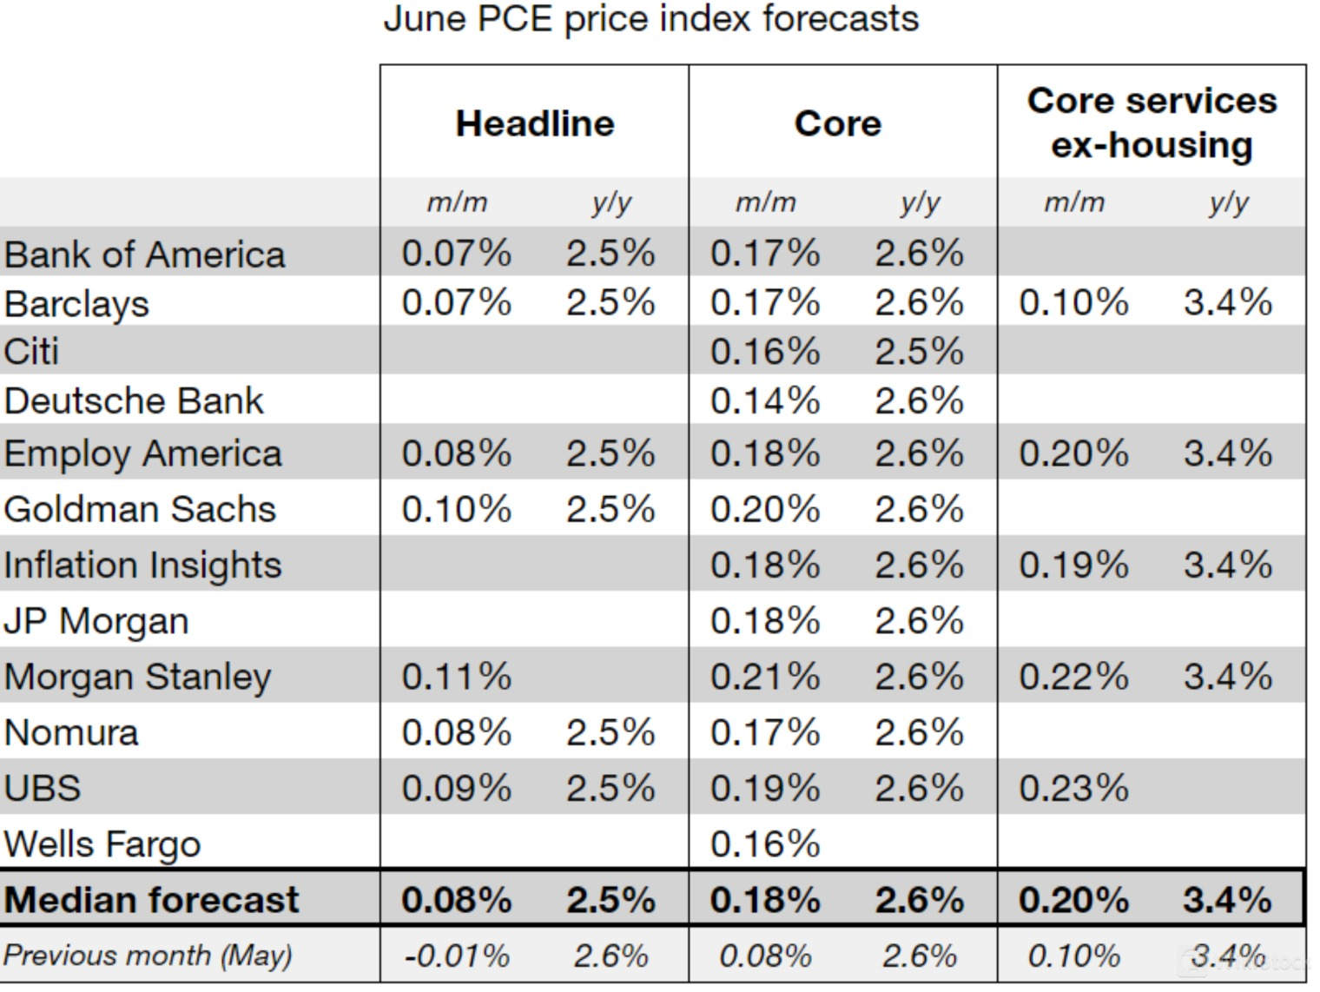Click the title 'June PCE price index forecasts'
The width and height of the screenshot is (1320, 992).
650,19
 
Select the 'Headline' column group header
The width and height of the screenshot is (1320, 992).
535,123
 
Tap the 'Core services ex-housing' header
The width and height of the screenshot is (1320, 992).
1152,122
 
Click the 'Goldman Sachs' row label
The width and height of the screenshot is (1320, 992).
140,509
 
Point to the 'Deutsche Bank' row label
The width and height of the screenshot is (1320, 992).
134,400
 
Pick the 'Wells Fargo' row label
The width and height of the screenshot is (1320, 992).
102,843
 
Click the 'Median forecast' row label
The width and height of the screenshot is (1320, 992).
151,899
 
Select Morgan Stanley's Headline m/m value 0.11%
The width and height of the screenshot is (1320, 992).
457,677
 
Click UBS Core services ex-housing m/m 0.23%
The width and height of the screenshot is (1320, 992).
1073,788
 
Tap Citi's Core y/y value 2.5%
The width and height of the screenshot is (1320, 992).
919,352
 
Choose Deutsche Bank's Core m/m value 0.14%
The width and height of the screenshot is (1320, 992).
765,400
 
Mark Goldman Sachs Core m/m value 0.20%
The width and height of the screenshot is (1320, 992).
765,509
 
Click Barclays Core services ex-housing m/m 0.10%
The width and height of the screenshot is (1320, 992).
1073,302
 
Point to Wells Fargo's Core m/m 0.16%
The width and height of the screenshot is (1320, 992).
765,843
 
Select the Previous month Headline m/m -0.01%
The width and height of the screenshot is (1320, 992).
457,956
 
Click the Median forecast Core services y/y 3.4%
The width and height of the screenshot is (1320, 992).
1227,899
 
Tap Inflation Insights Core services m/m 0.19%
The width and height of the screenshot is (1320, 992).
1073,565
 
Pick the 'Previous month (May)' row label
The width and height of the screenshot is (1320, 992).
148,956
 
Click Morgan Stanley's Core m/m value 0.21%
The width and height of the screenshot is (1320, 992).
765,677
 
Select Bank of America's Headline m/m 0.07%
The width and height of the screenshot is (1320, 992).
457,254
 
